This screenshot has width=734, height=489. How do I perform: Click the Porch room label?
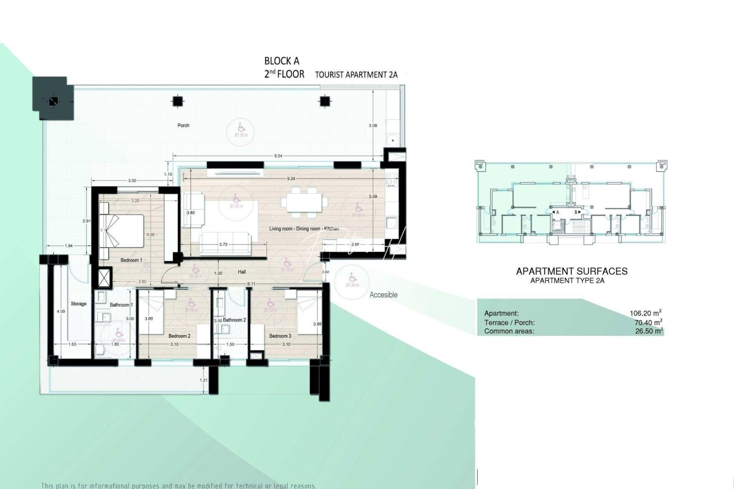pos(183,125)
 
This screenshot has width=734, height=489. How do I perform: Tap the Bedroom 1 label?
pos(131,260)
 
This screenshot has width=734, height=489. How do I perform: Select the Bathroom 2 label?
pos(234,320)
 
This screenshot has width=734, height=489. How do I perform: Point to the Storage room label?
pos(78,304)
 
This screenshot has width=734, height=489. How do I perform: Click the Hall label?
pos(242,272)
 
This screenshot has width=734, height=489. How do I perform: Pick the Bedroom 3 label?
pos(280,336)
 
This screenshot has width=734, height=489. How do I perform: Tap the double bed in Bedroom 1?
pos(122,231)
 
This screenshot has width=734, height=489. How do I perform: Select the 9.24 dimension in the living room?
pos(291,179)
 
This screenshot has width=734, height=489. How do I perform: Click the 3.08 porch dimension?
pos(373,125)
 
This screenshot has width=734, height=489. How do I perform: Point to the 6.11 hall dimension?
pos(251,284)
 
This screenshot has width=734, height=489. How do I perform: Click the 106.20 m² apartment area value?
pos(646,313)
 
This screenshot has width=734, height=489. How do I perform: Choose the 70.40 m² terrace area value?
pos(648,322)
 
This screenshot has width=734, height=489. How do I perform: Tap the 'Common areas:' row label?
pos(509,331)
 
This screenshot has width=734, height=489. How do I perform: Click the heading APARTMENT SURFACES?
pos(572,271)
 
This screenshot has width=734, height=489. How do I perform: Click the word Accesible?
pos(383,295)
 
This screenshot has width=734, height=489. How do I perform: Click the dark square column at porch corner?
pos(53,101)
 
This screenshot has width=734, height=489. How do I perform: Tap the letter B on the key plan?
pos(576,212)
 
